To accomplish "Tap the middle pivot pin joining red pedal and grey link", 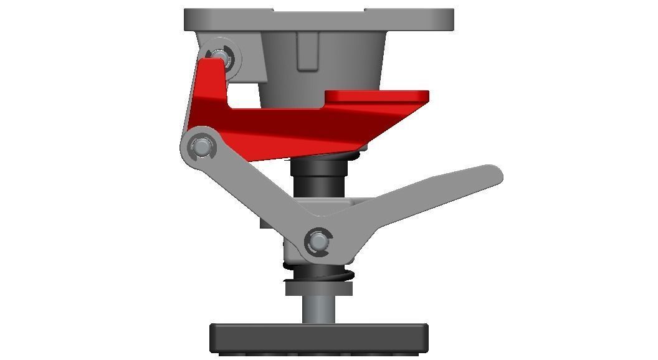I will (x=201, y=148).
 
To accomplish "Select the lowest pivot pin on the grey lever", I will (x=318, y=240).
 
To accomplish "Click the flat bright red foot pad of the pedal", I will (x=377, y=96).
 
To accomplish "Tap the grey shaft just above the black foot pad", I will (x=318, y=309).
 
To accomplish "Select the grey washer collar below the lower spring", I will (x=318, y=288).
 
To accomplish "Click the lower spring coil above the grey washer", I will (x=318, y=272).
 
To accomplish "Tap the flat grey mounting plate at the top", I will (x=318, y=19).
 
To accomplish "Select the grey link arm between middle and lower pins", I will (x=259, y=193).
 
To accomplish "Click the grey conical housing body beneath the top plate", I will (x=349, y=62).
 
